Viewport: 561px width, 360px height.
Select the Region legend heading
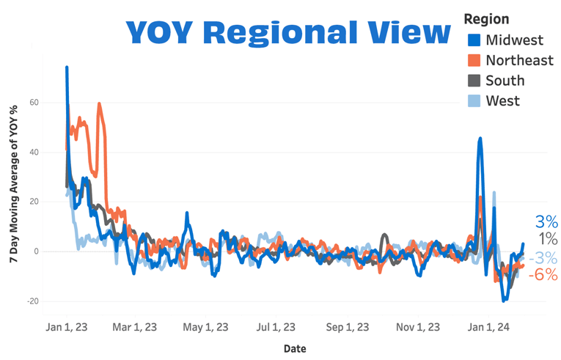tap(486, 19)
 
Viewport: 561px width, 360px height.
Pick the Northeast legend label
tap(519, 60)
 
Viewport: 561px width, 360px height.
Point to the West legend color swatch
tap(474, 101)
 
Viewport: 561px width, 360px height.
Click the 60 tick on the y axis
tap(34, 103)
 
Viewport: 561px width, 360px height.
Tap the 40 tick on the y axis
tap(34, 153)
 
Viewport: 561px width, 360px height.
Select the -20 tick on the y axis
tap(32, 301)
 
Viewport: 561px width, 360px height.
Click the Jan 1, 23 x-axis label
tap(66, 327)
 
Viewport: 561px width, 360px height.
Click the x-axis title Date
tap(295, 349)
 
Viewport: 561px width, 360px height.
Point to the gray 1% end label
tap(548, 239)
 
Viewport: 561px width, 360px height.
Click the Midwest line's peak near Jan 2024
tap(480, 138)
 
